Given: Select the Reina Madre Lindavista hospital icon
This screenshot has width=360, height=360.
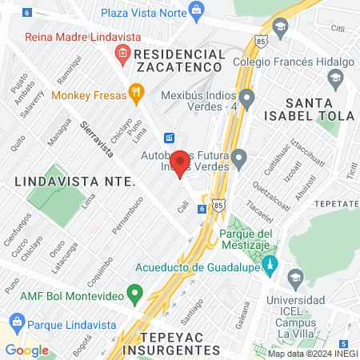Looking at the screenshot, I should point(122,54).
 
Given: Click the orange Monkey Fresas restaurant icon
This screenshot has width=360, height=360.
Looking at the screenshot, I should point(137,93).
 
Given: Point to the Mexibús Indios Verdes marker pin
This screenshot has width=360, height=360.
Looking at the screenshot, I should point(247,99).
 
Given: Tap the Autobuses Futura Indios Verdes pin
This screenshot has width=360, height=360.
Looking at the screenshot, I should point(238,158).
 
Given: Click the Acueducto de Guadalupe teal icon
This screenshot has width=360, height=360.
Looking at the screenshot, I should point(270,263).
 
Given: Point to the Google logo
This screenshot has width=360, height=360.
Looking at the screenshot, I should point(26,350).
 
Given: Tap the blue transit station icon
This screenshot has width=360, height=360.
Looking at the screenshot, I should point(170,137).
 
